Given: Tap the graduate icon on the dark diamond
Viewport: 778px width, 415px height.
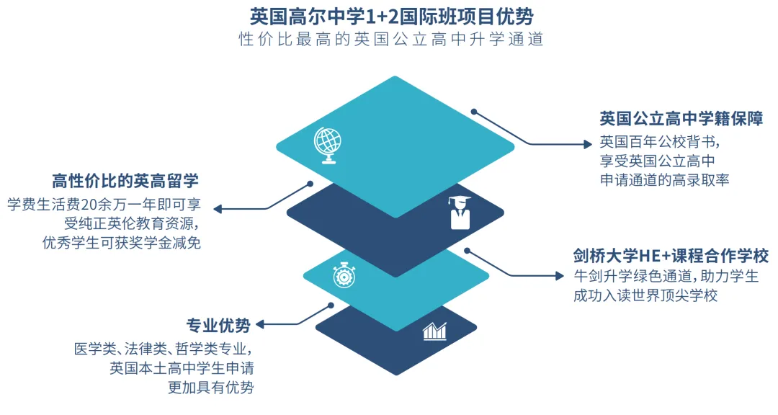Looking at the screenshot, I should click(x=459, y=212).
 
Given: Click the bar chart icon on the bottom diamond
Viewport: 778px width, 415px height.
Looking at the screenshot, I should click(x=434, y=331).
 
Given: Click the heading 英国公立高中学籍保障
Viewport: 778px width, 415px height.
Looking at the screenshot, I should click(x=681, y=118).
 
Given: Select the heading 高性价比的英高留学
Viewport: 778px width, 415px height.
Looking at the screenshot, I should click(x=125, y=180).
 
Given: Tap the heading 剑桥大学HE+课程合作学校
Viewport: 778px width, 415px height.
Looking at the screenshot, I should click(x=671, y=256).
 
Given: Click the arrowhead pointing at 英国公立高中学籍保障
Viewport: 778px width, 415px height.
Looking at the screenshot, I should click(x=586, y=144).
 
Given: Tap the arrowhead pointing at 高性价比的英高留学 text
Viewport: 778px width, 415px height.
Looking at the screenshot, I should click(x=217, y=210).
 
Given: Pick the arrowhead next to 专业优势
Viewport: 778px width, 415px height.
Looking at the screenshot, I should click(x=260, y=325).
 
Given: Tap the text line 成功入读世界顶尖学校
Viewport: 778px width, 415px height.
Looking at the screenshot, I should click(x=645, y=296).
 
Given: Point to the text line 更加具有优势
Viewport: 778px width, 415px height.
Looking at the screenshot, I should click(x=210, y=388).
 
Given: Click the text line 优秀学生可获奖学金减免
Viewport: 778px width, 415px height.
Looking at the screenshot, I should click(x=122, y=243).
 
